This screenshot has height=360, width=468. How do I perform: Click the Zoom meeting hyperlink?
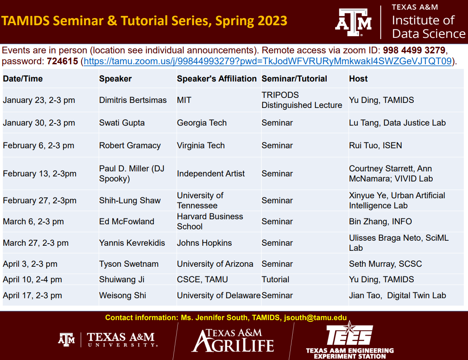pyautogui.click(x=267, y=61)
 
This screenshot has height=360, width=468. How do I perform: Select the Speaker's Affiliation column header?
pyautogui.click(x=217, y=79)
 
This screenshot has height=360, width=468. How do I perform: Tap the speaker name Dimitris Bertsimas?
pyautogui.click(x=133, y=100)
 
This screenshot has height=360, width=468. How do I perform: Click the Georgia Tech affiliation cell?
pyautogui.click(x=202, y=123)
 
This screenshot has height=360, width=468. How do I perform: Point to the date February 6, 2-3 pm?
pyautogui.click(x=39, y=145)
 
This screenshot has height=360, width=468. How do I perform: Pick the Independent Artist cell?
pyautogui.click(x=211, y=173)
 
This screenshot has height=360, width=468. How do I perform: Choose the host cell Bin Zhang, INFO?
pyautogui.click(x=380, y=221)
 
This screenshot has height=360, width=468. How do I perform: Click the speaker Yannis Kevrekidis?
pyautogui.click(x=132, y=243)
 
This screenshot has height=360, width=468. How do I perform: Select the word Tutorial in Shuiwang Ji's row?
pyautogui.click(x=275, y=279)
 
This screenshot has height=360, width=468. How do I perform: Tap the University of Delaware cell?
pyautogui.click(x=219, y=295)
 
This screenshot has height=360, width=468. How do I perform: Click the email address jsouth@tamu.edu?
pyautogui.click(x=315, y=318)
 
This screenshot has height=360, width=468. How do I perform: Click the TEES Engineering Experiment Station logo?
pyautogui.click(x=349, y=340)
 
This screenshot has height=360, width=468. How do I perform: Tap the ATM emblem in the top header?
pyautogui.click(x=353, y=22)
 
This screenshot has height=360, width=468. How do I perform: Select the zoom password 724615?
pyautogui.click(x=62, y=61)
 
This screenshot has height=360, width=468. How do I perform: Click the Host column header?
pyautogui.click(x=358, y=79)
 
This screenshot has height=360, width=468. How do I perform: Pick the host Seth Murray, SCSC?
pyautogui.click(x=385, y=264)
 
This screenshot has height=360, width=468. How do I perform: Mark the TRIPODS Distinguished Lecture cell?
pyautogui.click(x=301, y=100)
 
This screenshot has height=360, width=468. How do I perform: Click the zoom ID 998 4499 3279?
pyautogui.click(x=414, y=51)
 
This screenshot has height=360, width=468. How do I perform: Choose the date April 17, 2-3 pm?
pyautogui.click(x=32, y=295)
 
